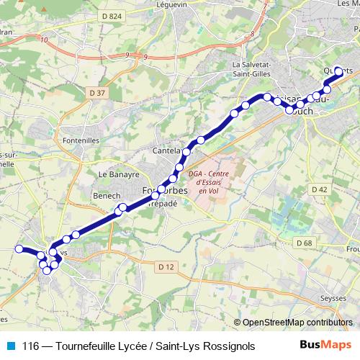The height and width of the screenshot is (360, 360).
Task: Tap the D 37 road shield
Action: pyautogui.click(x=99, y=92)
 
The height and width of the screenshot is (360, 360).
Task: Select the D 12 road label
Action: pyautogui.click(x=166, y=267)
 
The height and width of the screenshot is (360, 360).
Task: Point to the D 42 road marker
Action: pyautogui.click(x=320, y=189)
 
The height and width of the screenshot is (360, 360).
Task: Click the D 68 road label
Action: pyautogui.click(x=305, y=243)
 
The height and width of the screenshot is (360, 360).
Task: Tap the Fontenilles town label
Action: pyautogui.click(x=80, y=140)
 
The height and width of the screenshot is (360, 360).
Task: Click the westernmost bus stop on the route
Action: pyautogui.click(x=19, y=249)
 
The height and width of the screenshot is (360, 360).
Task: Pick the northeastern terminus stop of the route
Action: pyautogui.click(x=338, y=71)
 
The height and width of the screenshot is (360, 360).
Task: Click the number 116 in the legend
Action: pyautogui.click(x=32, y=346)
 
